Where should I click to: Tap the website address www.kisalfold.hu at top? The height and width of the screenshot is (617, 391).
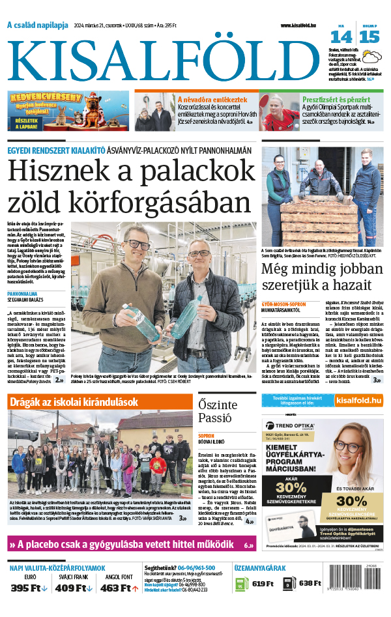(x=303, y=25)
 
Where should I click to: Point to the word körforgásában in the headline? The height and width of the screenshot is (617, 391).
(x=169, y=205)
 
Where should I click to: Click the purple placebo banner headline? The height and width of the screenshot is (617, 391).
(x=130, y=545)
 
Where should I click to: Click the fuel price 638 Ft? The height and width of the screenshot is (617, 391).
(x=310, y=583)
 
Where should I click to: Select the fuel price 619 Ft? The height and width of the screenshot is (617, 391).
(x=263, y=583)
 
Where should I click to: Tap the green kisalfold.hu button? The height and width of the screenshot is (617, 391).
(x=356, y=399)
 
